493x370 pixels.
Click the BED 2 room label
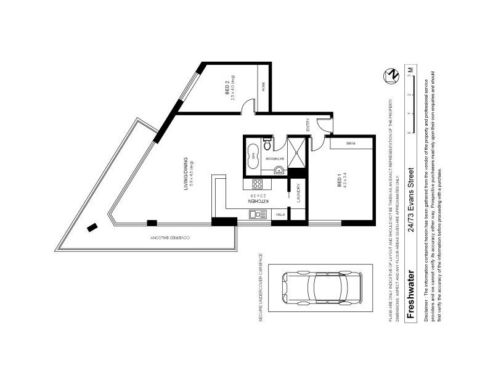pyautogui.click(x=227, y=91)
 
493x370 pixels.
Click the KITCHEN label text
pyautogui.click(x=251, y=201)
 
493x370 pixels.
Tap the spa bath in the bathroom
pyautogui.click(x=253, y=155)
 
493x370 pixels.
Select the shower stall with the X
pyautogui.click(x=297, y=152)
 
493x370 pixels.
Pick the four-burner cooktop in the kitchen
pyautogui.click(x=257, y=184)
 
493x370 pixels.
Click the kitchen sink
pyautogui.click(x=256, y=214)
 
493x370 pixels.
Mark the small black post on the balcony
pyautogui.click(x=92, y=227)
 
